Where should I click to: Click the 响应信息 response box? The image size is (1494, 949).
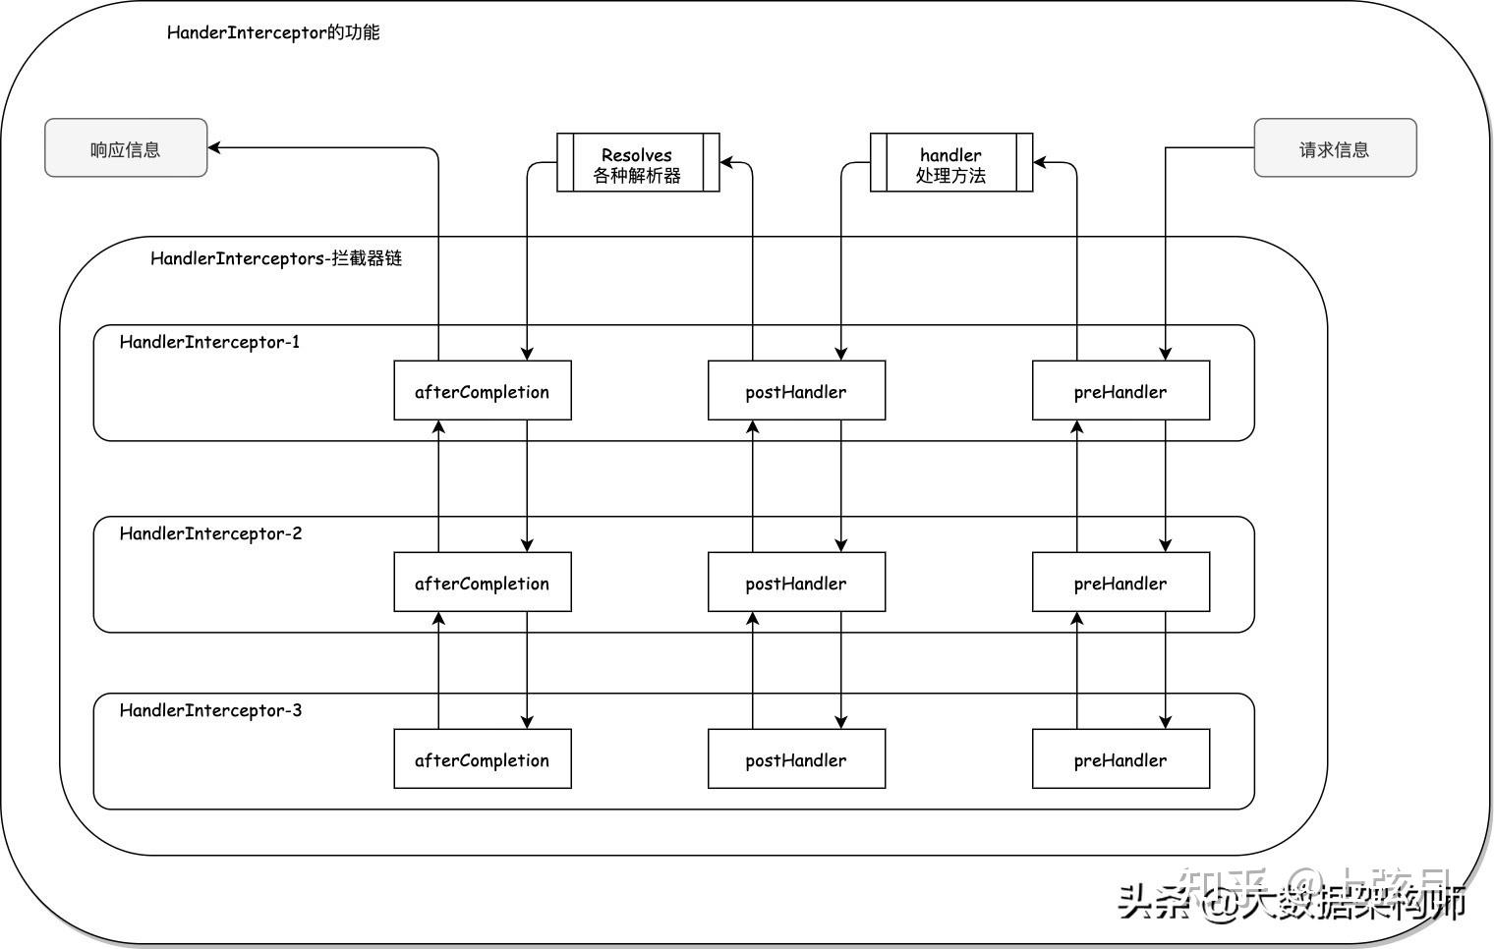coord(126,148)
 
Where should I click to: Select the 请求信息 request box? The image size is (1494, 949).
coord(1334,148)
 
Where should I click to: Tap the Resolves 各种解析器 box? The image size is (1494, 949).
coord(638,163)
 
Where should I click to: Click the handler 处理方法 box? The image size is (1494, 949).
coord(950,163)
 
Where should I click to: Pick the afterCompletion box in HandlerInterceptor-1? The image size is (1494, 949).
coord(482,391)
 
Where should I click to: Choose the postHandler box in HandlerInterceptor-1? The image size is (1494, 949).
coord(796,391)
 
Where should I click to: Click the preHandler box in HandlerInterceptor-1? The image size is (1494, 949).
coord(1120,391)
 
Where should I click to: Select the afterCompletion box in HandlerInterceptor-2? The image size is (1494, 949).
coord(482,583)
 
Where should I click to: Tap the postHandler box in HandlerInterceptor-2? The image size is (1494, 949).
coord(796,583)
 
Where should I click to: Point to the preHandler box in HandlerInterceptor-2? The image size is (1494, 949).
coord(1120,583)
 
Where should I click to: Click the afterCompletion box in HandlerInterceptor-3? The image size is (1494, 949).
coord(482,759)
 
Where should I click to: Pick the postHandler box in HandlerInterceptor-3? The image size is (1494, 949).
coord(796,759)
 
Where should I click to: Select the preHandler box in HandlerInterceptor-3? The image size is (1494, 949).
coord(1120,759)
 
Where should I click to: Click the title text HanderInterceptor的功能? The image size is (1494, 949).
coord(273,32)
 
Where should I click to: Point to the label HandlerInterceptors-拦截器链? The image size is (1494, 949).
coord(276,259)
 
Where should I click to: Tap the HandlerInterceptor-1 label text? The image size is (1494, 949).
coord(209,342)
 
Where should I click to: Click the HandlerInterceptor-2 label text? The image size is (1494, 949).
coord(210,533)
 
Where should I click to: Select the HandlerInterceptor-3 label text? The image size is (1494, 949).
coord(210,710)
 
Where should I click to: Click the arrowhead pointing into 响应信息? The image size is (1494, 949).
coord(215,147)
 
